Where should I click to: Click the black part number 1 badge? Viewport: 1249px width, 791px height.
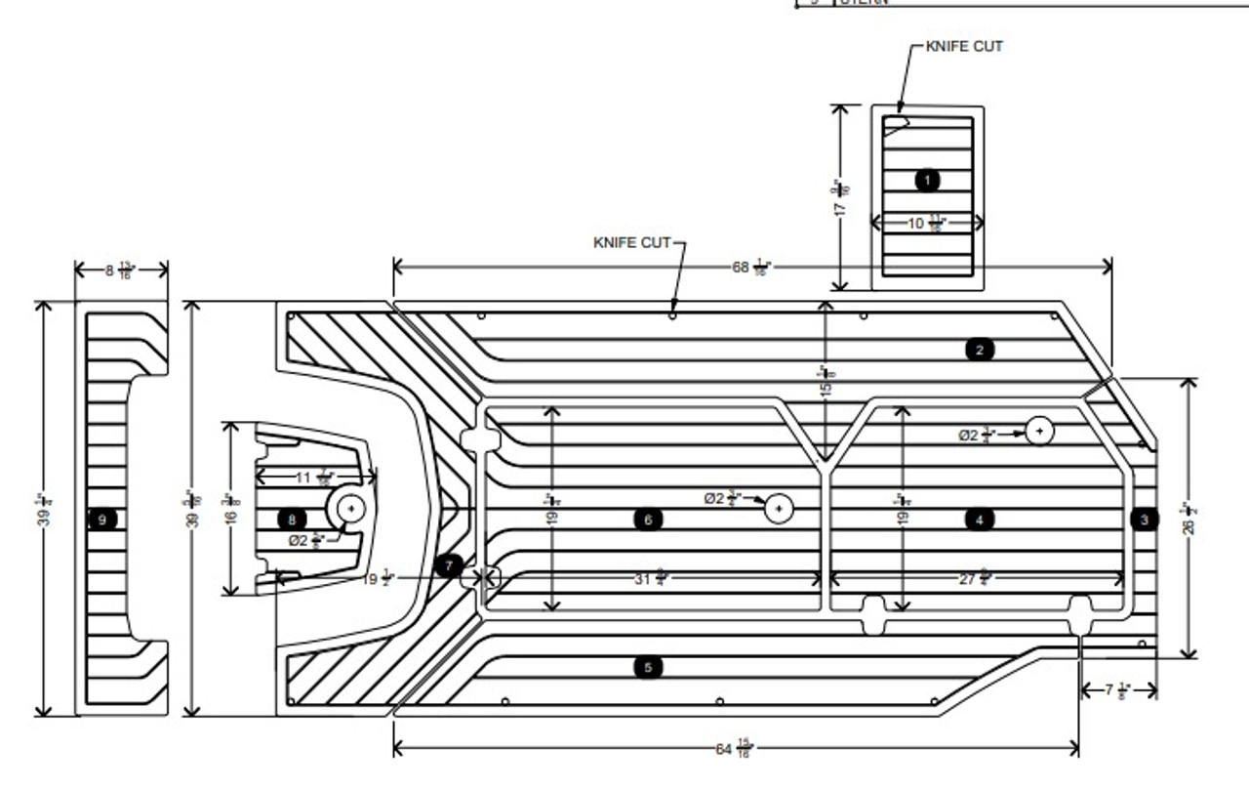(927, 180)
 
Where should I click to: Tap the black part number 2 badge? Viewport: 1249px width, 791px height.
(980, 349)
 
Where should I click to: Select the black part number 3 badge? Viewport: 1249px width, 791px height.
(1145, 520)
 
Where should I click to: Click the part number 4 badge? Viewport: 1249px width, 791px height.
(980, 520)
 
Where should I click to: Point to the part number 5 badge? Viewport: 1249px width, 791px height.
(648, 667)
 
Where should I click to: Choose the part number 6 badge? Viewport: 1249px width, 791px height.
(648, 520)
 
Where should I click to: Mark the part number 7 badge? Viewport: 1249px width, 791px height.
(448, 564)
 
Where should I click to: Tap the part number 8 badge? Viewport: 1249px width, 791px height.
(291, 520)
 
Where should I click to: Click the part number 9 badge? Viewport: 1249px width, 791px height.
(102, 520)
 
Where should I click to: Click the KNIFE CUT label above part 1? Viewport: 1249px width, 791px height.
(963, 46)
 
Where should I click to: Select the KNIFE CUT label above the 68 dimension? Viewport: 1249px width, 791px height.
(631, 241)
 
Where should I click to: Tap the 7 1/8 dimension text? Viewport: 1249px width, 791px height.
(1116, 690)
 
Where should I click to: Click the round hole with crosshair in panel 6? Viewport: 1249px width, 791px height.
(778, 508)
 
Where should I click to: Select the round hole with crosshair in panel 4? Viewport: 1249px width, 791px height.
(1039, 430)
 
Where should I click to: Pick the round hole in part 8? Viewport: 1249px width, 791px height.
(351, 508)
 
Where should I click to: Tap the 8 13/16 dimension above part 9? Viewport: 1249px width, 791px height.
(120, 271)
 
